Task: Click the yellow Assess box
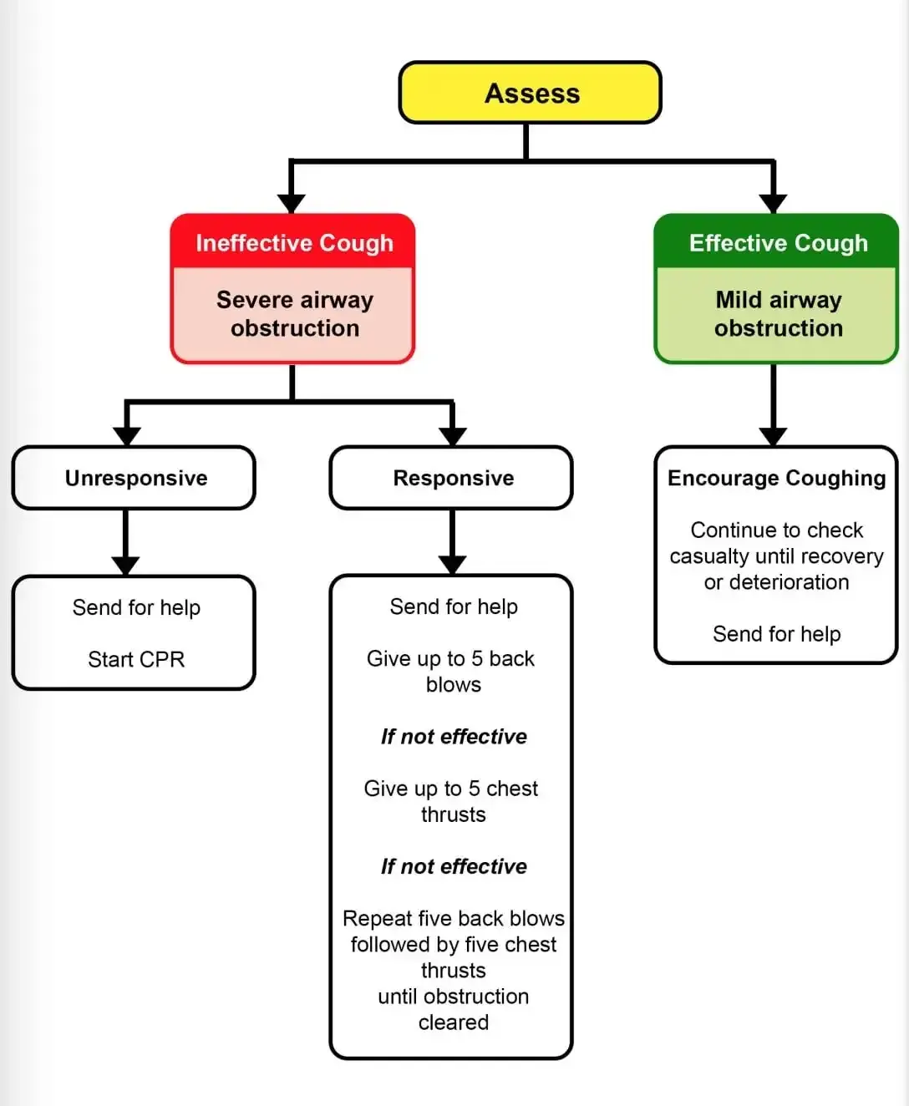tap(531, 93)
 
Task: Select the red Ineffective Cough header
tap(294, 242)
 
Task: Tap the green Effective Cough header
tap(778, 242)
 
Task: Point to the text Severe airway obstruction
tap(294, 313)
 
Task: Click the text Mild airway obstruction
tap(778, 313)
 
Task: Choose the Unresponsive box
tap(135, 478)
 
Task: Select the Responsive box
tap(452, 478)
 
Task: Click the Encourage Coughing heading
tap(776, 478)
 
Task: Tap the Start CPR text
tap(136, 659)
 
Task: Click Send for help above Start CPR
tap(136, 607)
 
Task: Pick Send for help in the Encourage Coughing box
tap(776, 634)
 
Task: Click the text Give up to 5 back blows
tap(451, 671)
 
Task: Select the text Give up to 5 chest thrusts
tap(451, 801)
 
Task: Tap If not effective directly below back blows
tap(454, 736)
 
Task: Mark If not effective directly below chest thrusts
tap(454, 866)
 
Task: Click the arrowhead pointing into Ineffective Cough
tap(291, 203)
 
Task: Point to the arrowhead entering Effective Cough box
tap(773, 203)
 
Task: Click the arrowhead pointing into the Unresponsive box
tap(126, 435)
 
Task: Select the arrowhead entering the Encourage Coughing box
tap(773, 435)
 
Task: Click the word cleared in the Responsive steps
tap(453, 1022)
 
